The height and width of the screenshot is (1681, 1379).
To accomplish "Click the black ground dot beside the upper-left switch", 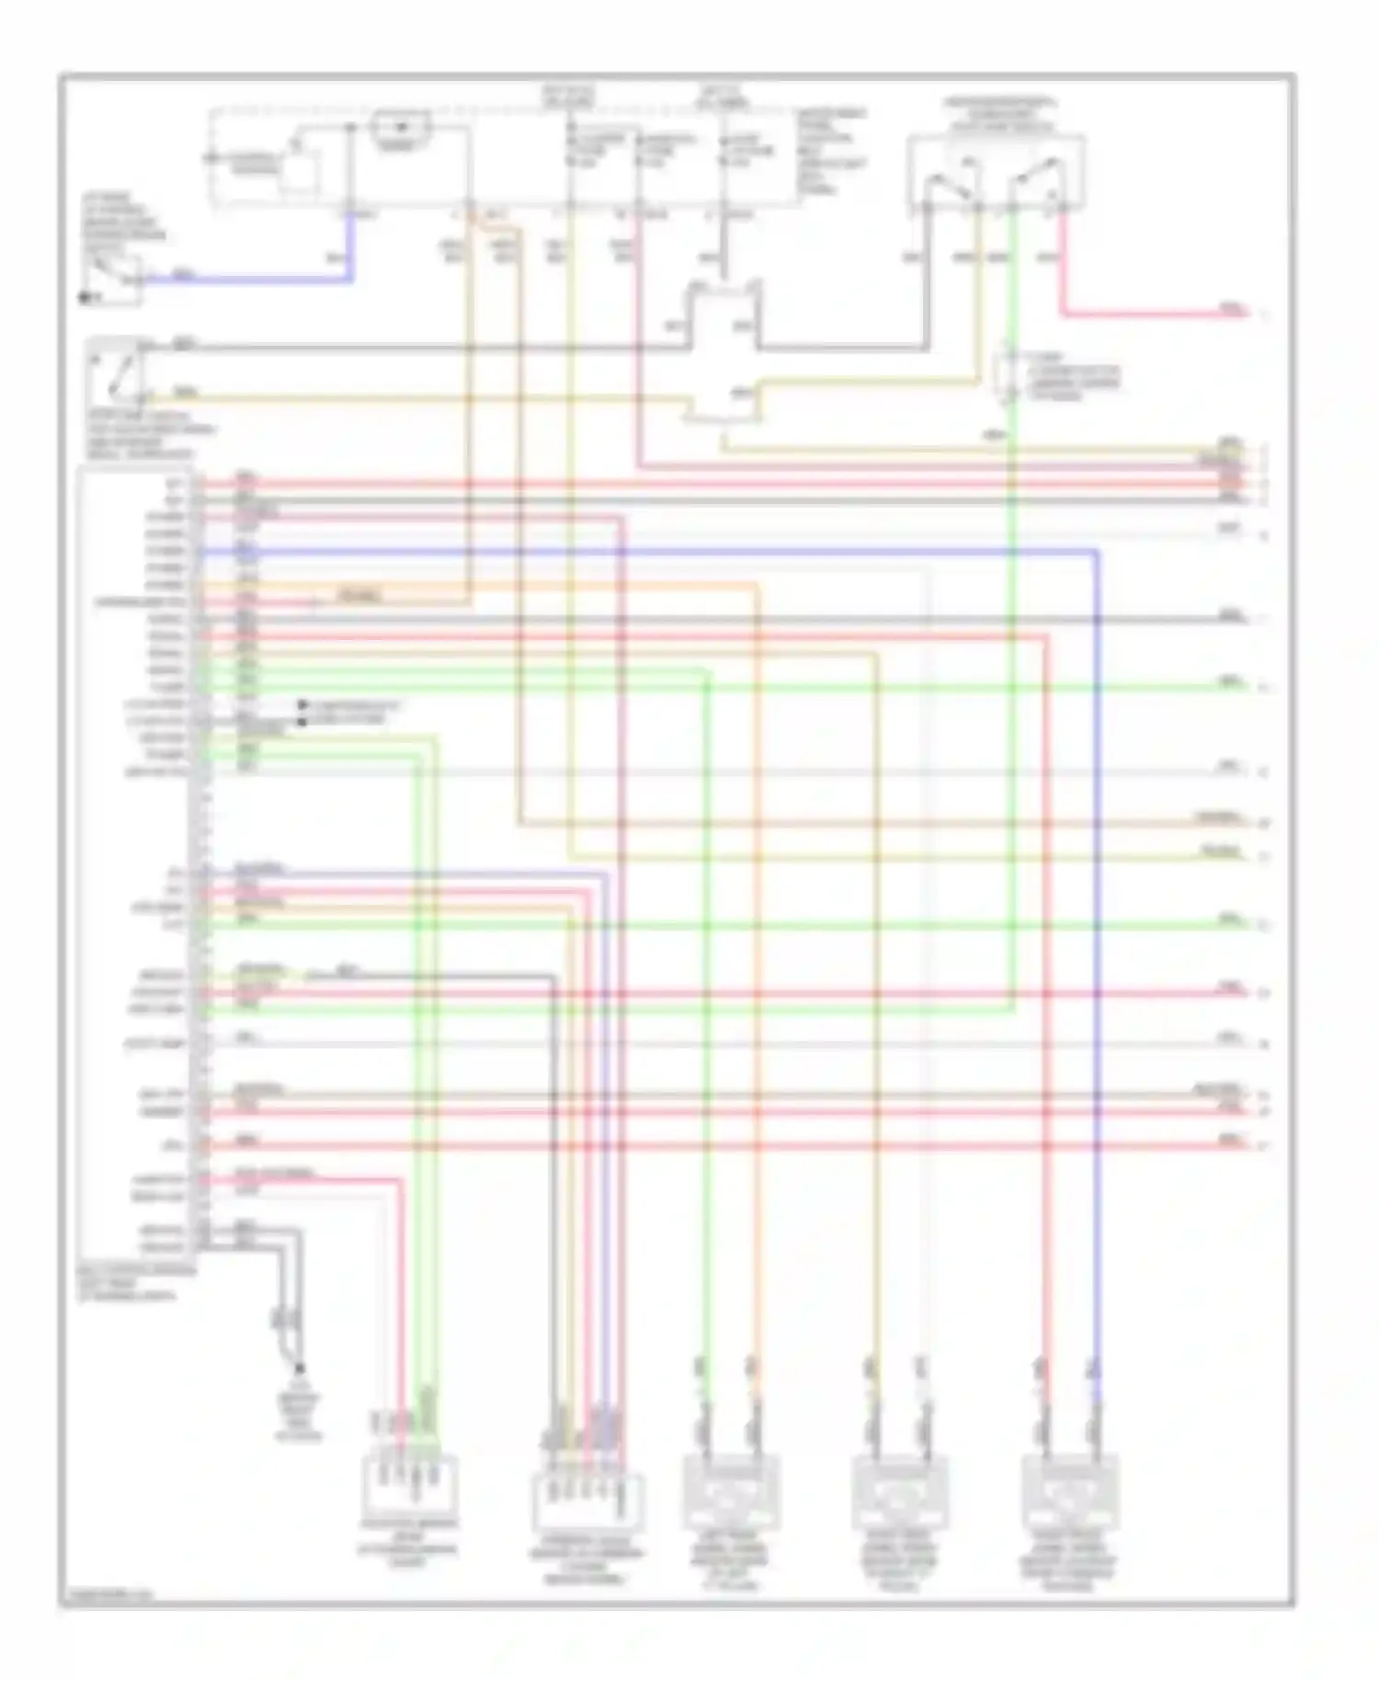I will tap(84, 298).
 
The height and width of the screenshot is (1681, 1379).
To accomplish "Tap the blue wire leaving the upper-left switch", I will tap(248, 278).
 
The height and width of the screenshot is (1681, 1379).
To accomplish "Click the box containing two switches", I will tap(997, 172).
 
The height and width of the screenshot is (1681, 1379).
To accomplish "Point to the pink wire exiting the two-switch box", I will tap(1149, 314).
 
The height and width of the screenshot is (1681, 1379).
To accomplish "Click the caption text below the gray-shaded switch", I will tap(151, 435).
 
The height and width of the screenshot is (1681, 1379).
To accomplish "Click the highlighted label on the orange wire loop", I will tap(359, 596).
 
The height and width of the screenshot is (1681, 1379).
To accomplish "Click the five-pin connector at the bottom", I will tap(588, 1503).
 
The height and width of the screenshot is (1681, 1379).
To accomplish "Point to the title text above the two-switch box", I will tap(1001, 114).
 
